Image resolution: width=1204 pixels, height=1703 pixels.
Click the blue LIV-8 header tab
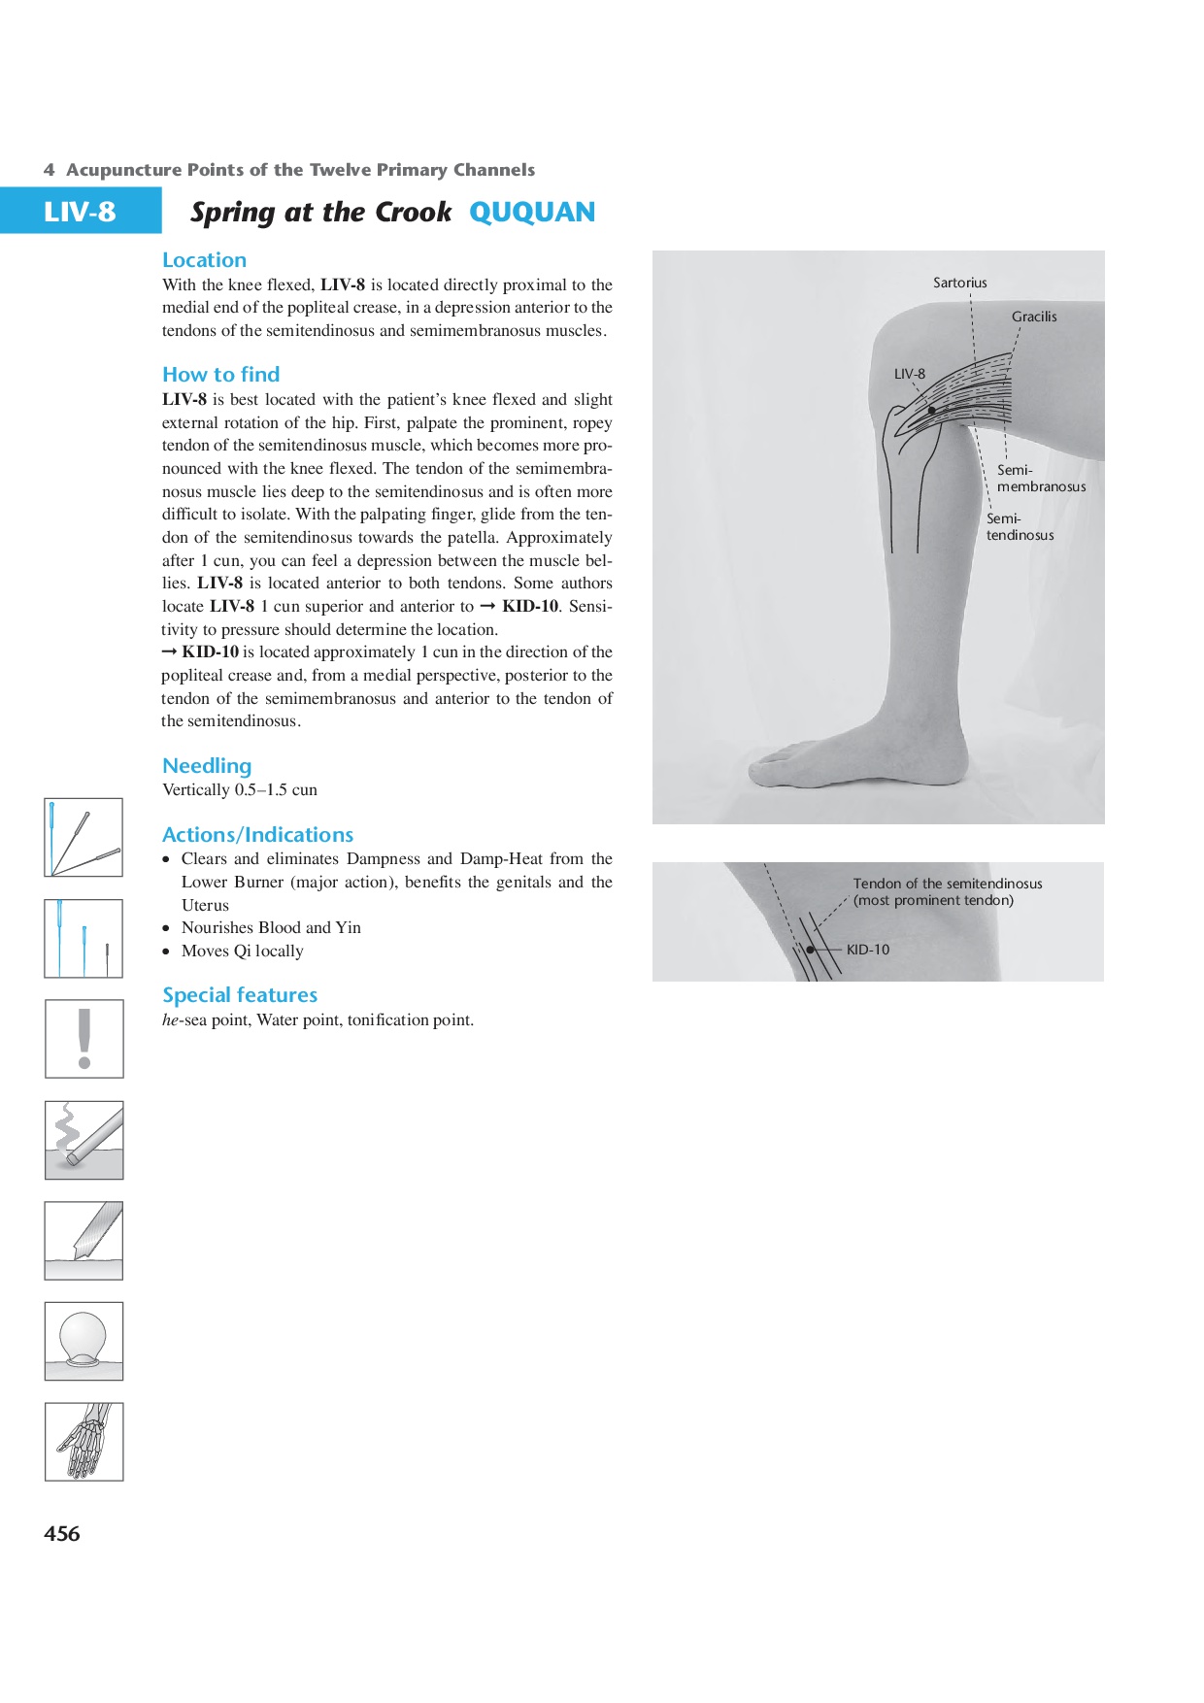[80, 211]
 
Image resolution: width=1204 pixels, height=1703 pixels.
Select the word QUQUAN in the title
[532, 213]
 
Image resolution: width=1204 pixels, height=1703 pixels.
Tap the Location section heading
[204, 260]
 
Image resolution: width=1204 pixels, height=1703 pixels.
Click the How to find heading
[220, 375]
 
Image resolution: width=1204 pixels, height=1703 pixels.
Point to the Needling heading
[207, 766]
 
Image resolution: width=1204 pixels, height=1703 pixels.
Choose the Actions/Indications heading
[257, 835]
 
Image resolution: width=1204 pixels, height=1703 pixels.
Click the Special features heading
[240, 995]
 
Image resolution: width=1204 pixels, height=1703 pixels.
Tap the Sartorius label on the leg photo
[959, 283]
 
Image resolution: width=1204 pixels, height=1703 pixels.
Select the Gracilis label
[1034, 317]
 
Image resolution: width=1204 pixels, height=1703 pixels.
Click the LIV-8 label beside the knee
[909, 374]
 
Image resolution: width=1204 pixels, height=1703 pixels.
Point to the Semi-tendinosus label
[1020, 526]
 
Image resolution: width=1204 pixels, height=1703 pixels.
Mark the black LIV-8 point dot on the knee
[931, 411]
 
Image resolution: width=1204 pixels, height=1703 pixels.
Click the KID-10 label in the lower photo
[867, 950]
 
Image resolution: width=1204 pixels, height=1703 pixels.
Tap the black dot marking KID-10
[811, 950]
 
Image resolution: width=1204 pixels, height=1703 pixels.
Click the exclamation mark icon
[84, 1039]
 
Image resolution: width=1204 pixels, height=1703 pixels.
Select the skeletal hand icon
[84, 1442]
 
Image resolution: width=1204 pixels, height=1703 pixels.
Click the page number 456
[62, 1533]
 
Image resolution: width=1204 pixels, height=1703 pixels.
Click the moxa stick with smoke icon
[84, 1140]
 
